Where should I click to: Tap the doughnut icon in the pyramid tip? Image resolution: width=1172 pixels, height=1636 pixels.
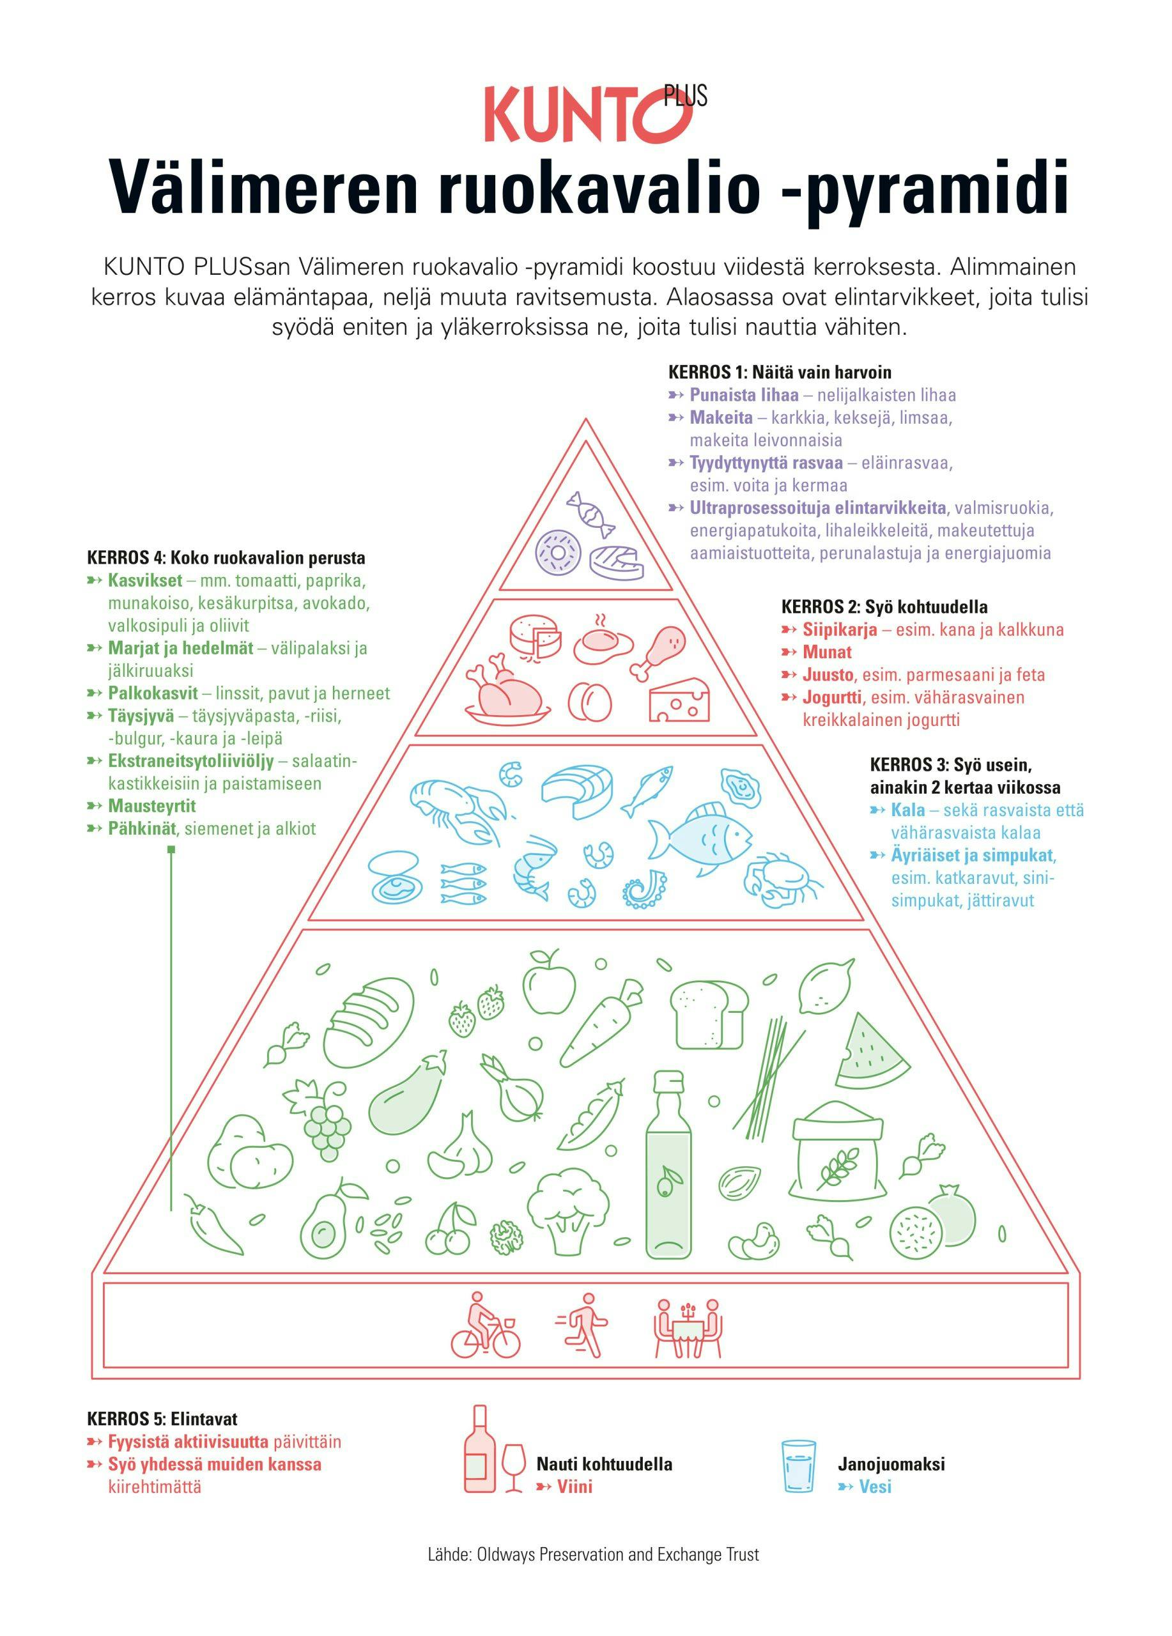coord(557,553)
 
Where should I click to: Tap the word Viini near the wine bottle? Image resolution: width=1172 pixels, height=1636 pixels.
coord(574,1486)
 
